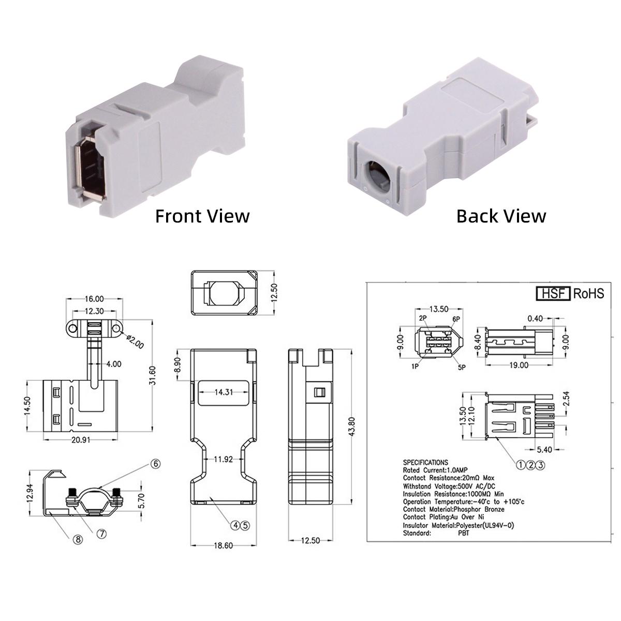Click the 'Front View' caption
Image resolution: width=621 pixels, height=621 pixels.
(202, 216)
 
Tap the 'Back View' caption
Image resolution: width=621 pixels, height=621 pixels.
(501, 216)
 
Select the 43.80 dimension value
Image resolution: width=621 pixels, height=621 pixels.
(352, 427)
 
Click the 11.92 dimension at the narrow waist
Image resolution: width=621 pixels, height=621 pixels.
(224, 459)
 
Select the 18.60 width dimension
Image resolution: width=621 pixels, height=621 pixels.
(224, 545)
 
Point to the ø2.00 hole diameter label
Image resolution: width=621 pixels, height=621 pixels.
(135, 341)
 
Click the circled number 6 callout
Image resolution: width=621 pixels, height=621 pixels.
(155, 464)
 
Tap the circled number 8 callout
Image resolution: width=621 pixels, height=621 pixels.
(78, 540)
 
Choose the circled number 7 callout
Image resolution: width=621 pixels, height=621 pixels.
(102, 534)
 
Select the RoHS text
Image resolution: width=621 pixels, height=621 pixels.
(588, 293)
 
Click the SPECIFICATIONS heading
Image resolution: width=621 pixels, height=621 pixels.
(425, 462)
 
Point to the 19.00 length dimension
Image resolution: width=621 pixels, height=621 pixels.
(518, 365)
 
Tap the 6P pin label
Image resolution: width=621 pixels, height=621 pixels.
(456, 319)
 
